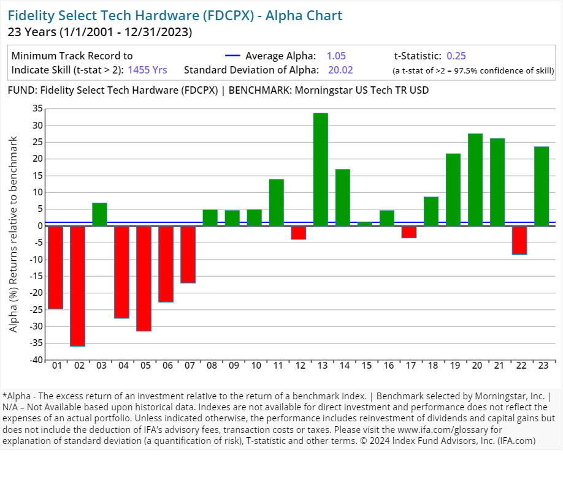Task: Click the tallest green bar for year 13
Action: pos(320,170)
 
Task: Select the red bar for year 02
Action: pos(77,286)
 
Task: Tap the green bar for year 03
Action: pos(99,214)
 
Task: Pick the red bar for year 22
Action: pos(519,240)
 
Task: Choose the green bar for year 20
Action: pos(475,179)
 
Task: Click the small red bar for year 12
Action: pos(298,233)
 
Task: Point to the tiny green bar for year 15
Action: pos(364,224)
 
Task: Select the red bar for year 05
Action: pos(144,278)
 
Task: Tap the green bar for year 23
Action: pos(541,186)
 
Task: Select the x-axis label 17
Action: pos(408,366)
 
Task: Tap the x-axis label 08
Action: pos(210,366)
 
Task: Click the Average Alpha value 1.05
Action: pos(336,56)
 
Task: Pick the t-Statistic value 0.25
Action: pos(456,56)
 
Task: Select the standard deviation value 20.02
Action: pos(340,70)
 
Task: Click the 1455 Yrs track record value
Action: pos(147,70)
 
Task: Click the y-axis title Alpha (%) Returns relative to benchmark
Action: pos(13,235)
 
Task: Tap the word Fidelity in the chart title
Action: pos(31,15)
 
